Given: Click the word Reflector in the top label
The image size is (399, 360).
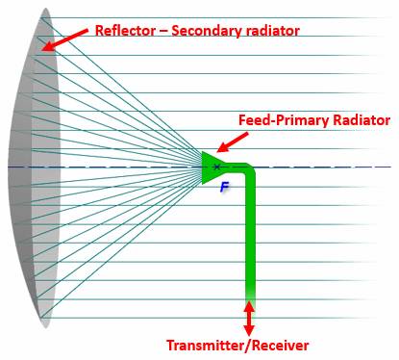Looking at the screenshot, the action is click(x=125, y=31).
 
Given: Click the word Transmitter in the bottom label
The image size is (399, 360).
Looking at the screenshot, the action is click(x=208, y=346).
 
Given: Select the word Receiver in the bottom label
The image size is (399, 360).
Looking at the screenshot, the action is click(x=281, y=346).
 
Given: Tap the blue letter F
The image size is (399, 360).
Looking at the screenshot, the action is click(x=225, y=187).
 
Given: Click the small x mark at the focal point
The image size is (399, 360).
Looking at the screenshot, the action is click(x=217, y=167).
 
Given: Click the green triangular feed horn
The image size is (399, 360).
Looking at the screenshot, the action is click(x=211, y=167).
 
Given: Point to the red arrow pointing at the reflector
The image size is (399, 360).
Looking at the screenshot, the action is click(x=65, y=39).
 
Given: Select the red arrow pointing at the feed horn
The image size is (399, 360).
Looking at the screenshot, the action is click(x=233, y=142).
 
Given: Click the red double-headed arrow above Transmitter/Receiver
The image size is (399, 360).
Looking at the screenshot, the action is click(x=249, y=319).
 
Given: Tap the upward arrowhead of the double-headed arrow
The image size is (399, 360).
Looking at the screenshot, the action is click(x=249, y=306).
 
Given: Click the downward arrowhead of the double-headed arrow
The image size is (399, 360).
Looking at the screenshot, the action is click(x=249, y=330).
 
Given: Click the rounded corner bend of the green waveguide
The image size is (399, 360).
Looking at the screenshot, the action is click(x=249, y=169).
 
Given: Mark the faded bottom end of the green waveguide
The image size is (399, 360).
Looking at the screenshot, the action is click(x=250, y=296).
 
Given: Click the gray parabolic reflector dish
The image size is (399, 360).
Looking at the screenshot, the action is click(x=34, y=167).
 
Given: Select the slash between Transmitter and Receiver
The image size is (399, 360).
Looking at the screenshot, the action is click(x=250, y=346).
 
